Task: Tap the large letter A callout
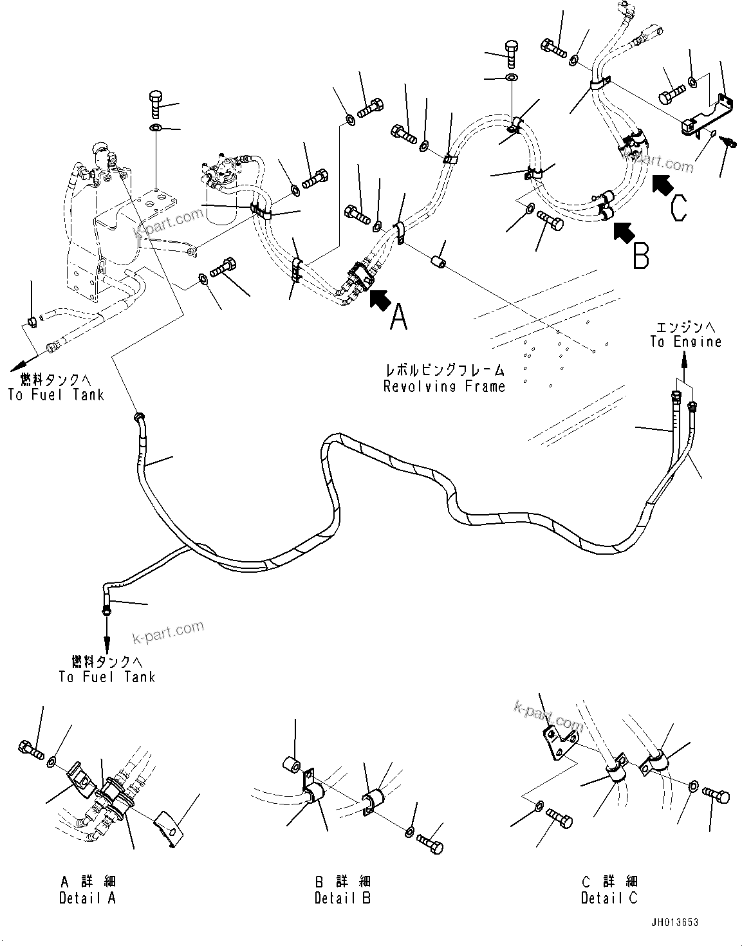pyautogui.click(x=399, y=318)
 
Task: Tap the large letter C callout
pyautogui.click(x=679, y=208)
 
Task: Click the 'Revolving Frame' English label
pyautogui.click(x=444, y=386)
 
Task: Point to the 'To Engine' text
pyautogui.click(x=685, y=342)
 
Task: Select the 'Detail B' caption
pyautogui.click(x=342, y=898)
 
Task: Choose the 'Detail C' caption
pyautogui.click(x=609, y=898)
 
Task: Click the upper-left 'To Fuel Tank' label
pyautogui.click(x=56, y=394)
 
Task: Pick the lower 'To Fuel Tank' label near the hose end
pyautogui.click(x=106, y=676)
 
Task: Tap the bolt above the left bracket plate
pyautogui.click(x=156, y=103)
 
